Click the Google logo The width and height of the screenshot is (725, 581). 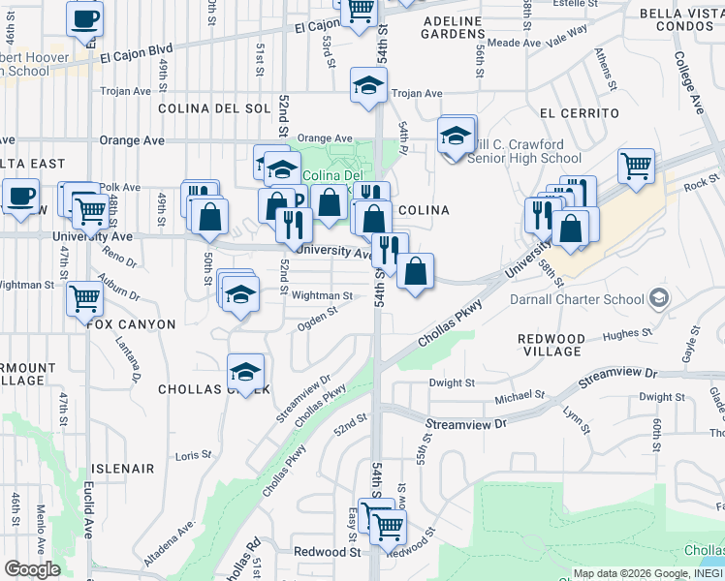(x=32, y=569)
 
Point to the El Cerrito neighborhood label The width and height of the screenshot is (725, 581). (x=579, y=113)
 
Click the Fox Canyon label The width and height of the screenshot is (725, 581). (x=132, y=324)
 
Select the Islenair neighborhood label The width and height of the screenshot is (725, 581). (x=124, y=469)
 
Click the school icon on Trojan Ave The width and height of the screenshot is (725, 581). (x=368, y=87)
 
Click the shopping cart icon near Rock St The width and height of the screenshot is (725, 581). (x=636, y=167)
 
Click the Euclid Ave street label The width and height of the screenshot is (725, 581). (x=87, y=523)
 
